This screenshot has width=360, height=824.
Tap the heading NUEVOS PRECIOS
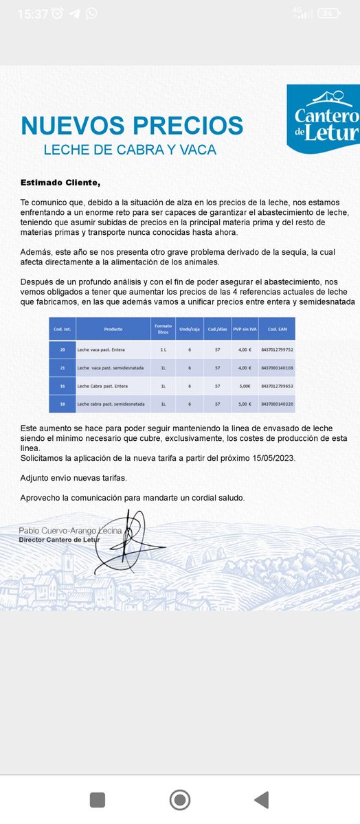pos(132,126)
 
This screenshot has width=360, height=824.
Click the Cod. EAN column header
pos(277,328)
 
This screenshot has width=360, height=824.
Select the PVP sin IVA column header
pos(244,328)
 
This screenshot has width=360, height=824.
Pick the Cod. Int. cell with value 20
pos(63,350)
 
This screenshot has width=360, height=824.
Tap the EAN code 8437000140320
pos(277,404)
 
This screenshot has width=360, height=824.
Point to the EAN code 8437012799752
pos(277,350)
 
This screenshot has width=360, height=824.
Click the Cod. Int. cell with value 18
pos(63,404)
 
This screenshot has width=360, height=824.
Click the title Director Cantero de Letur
pos(60,540)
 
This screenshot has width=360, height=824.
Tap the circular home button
pos(180,799)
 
